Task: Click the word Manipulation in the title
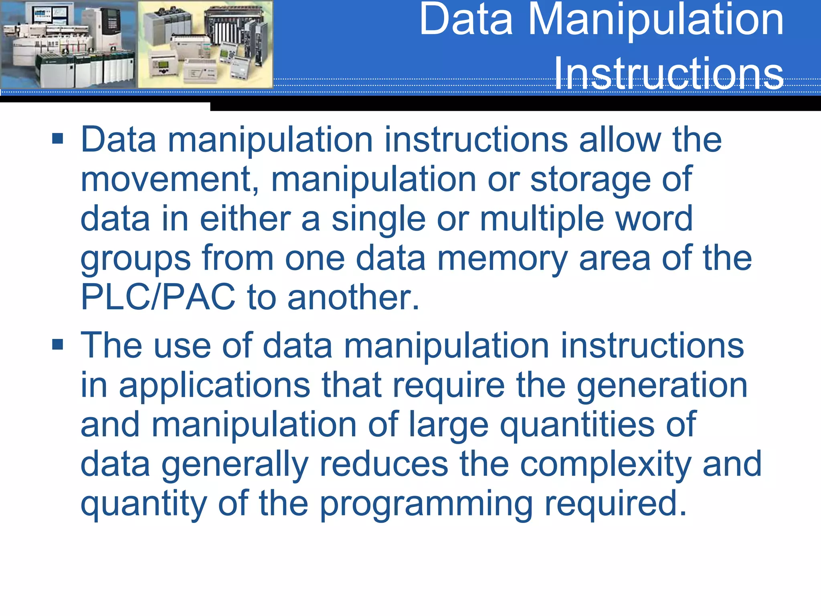655,20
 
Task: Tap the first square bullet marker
58,139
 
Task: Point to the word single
378,219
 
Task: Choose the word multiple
542,219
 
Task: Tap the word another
353,297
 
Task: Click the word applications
214,385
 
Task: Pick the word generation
662,385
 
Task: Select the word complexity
605,464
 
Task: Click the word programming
427,504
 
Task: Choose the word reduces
384,464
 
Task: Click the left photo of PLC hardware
69,44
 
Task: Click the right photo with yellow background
205,44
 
